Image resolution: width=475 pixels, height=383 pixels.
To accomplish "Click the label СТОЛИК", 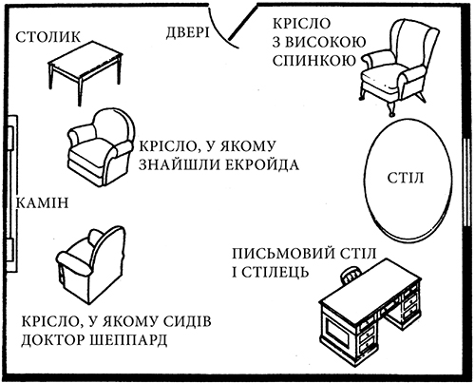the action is tap(48, 37).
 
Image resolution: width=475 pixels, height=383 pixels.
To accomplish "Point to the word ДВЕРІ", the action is tap(187, 32).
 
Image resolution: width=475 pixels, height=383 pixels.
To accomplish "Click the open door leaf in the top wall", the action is tap(242, 23).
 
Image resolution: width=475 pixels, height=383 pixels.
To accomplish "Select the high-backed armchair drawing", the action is tap(400, 67).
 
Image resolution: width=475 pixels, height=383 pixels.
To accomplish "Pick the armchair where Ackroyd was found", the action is tap(101, 147).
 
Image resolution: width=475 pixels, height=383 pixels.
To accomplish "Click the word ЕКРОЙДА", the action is tap(262, 164).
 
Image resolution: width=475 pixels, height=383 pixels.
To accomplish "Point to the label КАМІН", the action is tap(42, 202).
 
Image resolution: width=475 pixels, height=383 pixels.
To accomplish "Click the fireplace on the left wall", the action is tap(12, 193).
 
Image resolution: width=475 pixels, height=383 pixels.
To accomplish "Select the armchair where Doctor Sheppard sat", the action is tap(91, 265).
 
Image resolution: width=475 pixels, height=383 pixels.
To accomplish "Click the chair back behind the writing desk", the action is tap(351, 275).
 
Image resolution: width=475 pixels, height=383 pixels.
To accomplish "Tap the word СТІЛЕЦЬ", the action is tap(275, 273).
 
